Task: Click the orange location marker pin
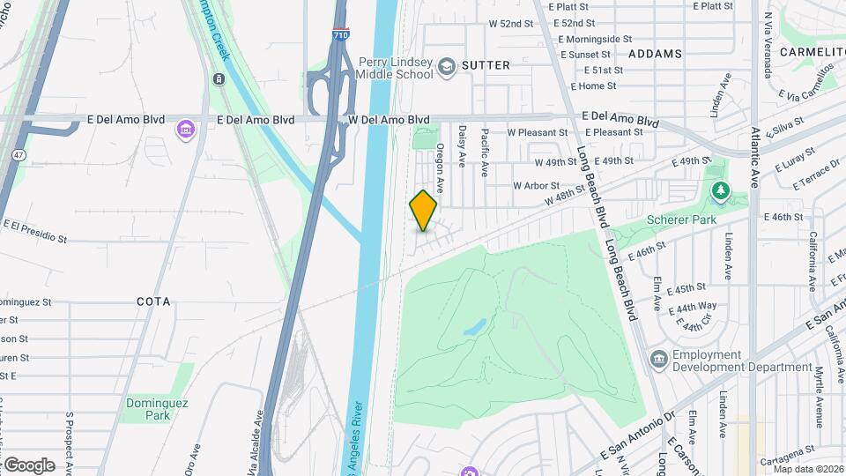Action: [x=423, y=211]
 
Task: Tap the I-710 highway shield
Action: [x=341, y=36]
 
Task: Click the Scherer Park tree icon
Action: [x=721, y=190]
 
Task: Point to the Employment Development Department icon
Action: [x=658, y=359]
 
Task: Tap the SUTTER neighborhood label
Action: [x=486, y=65]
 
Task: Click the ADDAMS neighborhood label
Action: [x=656, y=54]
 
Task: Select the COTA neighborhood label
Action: [x=153, y=301]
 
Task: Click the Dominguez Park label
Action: [x=145, y=409]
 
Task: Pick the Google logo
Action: [x=28, y=465]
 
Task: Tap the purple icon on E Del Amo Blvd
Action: [x=185, y=130]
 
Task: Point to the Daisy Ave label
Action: [x=462, y=146]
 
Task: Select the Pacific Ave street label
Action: [x=484, y=150]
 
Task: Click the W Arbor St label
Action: [x=536, y=186]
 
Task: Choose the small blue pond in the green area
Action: [x=473, y=327]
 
